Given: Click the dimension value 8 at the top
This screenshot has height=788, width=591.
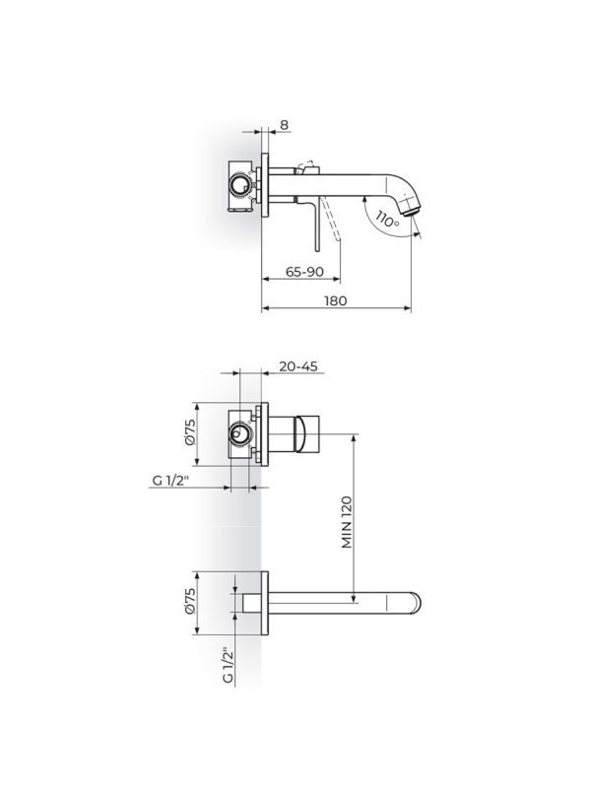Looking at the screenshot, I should coord(285,125).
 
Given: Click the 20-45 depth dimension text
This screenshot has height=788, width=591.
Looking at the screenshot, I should coord(297,365).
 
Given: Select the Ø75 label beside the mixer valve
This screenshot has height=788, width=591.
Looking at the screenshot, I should coord(190,434).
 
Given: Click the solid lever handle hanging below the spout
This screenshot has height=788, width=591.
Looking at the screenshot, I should coord(317,225).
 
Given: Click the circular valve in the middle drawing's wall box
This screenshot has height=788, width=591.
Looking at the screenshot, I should coord(239,434).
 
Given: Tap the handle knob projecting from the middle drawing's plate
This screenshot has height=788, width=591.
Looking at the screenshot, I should coord(299,434).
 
